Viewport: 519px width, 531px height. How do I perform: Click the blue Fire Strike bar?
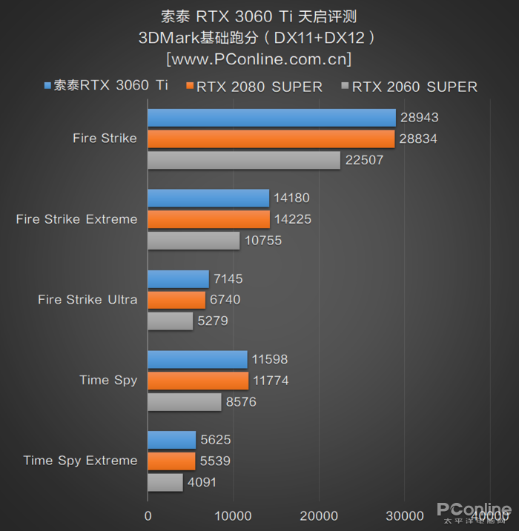tap(271, 118)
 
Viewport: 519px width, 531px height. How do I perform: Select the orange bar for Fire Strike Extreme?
tap(208, 219)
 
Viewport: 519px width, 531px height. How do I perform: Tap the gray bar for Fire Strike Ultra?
tap(170, 321)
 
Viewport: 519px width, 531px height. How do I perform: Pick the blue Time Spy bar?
tap(197, 360)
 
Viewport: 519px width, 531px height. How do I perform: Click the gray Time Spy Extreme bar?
tap(165, 482)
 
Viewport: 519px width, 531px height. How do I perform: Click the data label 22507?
tap(364, 160)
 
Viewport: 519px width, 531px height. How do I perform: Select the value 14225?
tap(292, 219)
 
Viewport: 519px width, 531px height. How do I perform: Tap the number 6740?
tap(226, 300)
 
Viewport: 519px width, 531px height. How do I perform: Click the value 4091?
tap(203, 482)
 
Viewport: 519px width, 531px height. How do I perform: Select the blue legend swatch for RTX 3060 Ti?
tap(47, 86)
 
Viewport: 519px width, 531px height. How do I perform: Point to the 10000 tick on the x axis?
tap(233, 515)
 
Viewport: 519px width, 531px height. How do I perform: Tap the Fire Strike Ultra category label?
tap(87, 300)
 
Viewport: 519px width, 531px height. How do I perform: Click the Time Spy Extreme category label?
tap(80, 461)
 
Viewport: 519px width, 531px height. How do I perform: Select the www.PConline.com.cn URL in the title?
tap(259, 58)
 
